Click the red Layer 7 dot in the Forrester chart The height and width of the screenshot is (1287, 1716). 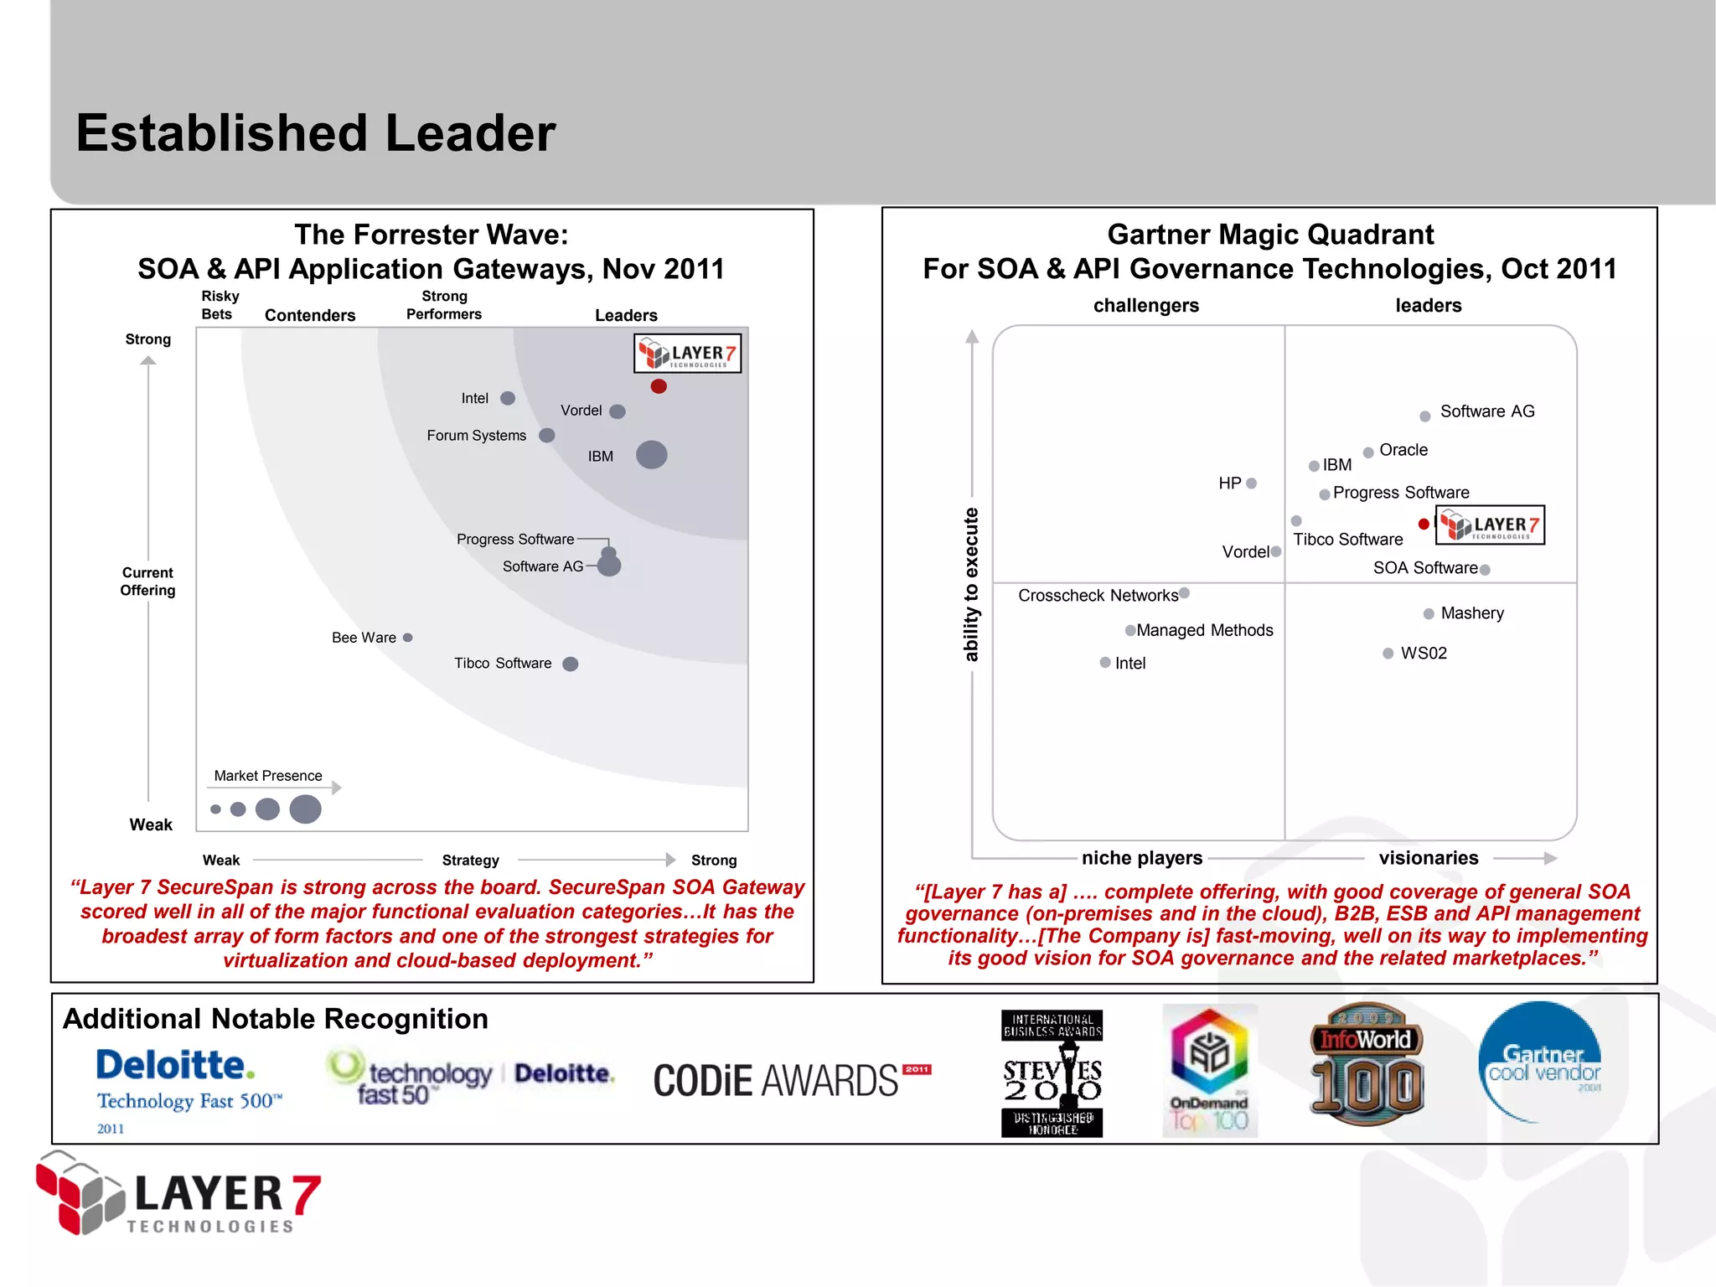(659, 386)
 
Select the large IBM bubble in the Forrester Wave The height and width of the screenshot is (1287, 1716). (651, 455)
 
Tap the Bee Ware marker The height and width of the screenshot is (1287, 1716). (408, 638)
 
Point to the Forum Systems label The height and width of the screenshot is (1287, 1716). (476, 436)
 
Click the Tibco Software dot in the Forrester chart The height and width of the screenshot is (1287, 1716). (571, 664)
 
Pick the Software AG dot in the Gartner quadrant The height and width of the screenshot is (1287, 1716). (1424, 416)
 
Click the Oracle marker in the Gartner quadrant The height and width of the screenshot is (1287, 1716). (1368, 452)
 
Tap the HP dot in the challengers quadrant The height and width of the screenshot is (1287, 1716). (1252, 483)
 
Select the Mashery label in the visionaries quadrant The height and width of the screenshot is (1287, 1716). (1472, 613)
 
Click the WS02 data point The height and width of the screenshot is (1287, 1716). (1388, 654)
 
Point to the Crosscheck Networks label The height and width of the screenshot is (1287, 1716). (1098, 596)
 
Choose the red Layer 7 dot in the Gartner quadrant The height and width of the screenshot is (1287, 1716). (1424, 525)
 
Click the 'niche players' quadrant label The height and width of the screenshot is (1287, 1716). (1142, 858)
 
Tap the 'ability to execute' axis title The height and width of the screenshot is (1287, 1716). (971, 584)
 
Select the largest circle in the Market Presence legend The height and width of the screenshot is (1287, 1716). (305, 809)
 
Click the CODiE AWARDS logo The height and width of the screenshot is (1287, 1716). (791, 1080)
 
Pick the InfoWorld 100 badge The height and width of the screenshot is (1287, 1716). (1367, 1064)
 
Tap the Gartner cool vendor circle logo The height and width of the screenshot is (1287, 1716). (1540, 1062)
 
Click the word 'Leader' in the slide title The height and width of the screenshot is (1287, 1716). (470, 133)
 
